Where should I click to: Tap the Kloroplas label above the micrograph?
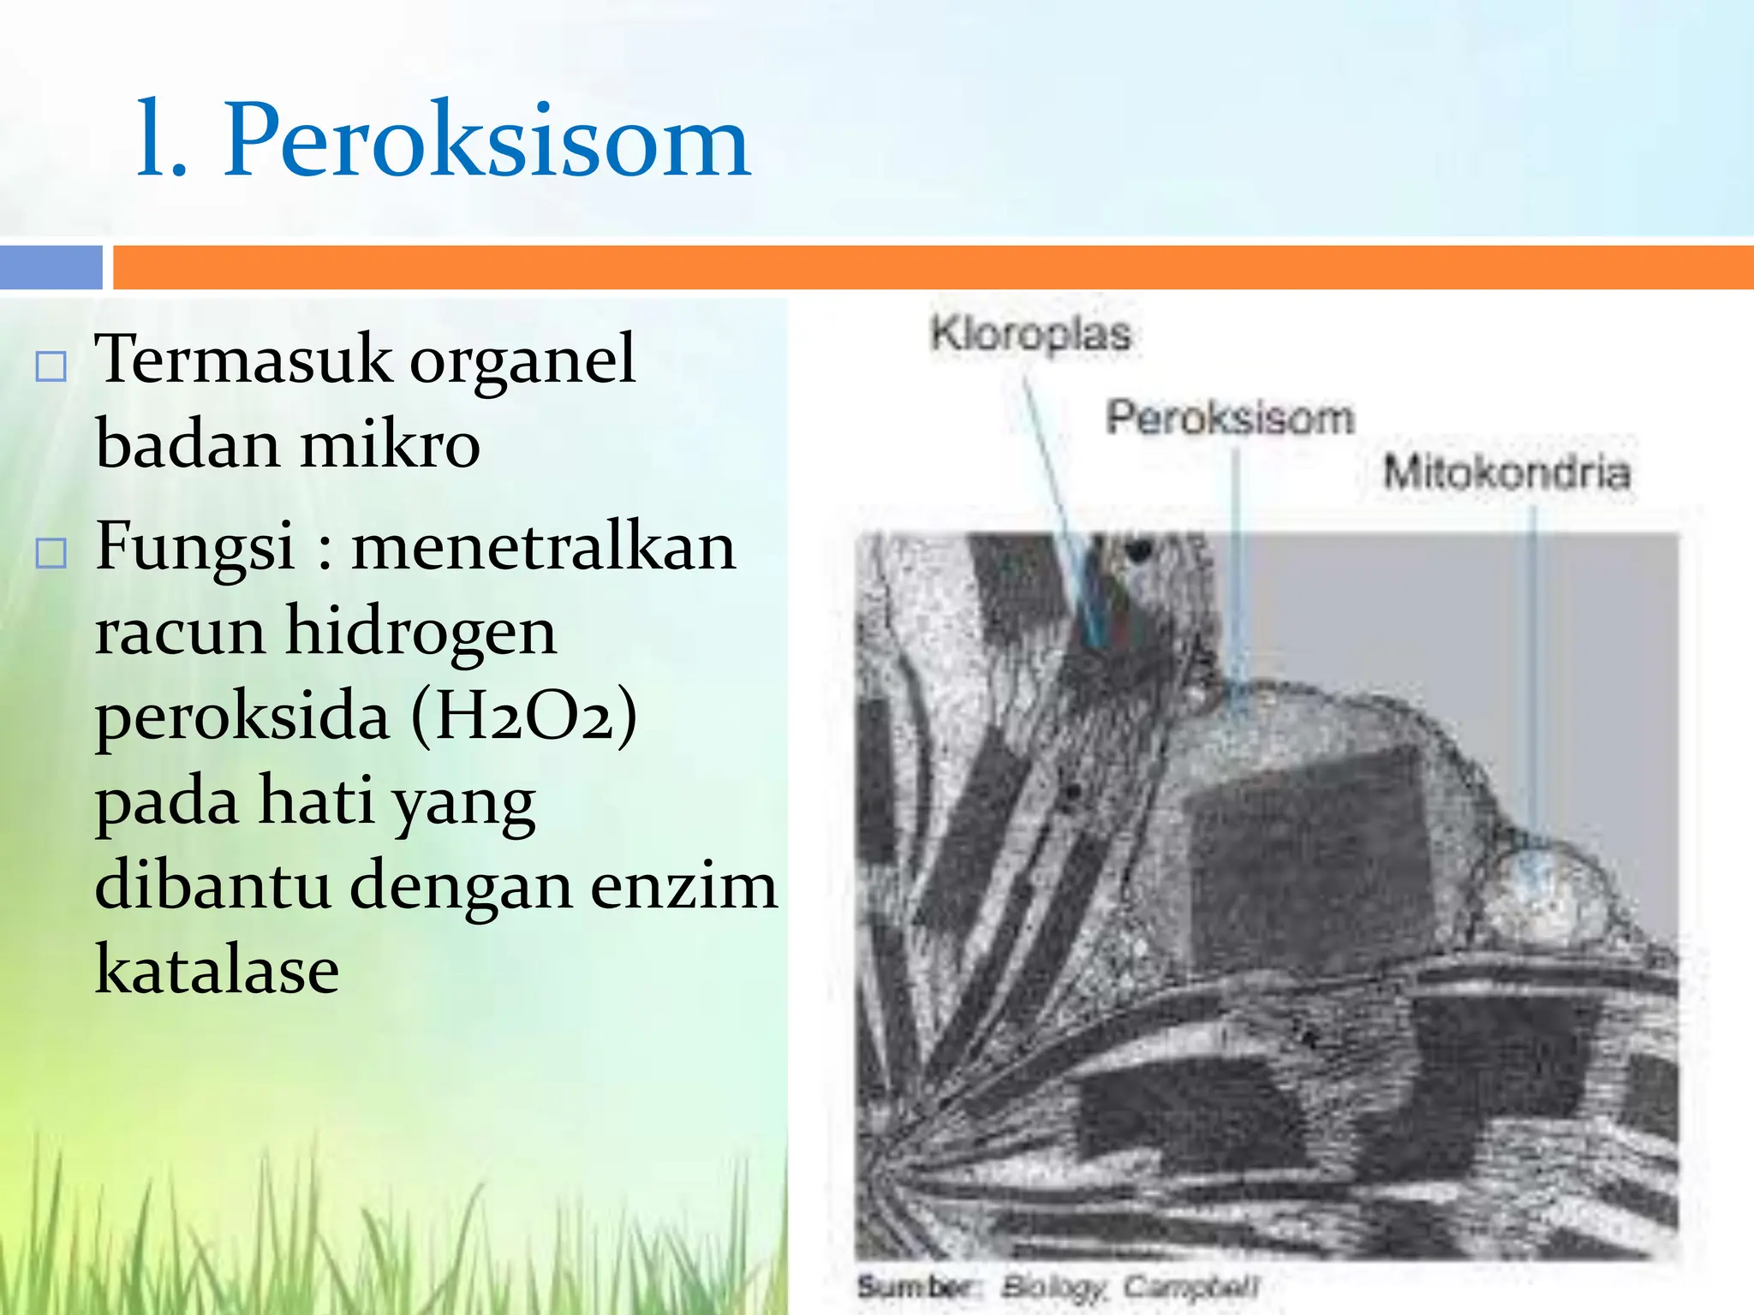[x=1030, y=335]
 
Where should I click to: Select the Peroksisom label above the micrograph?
[x=1230, y=418]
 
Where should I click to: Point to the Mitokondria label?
[x=1506, y=473]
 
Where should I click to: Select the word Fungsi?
[x=195, y=548]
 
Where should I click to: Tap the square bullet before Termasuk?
[x=51, y=366]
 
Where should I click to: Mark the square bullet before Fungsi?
[x=51, y=554]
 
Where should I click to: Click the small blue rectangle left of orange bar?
[x=51, y=267]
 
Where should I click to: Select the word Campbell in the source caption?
[x=1190, y=1286]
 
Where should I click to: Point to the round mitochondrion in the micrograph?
[x=1542, y=895]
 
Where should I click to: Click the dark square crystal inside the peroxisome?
[x=1310, y=856]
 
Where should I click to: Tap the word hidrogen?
[x=421, y=632]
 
